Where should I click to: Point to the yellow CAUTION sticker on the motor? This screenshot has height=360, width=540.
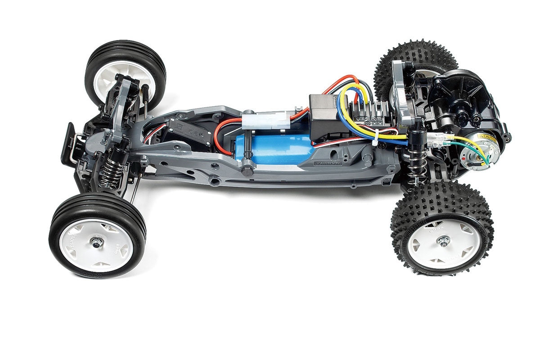point(489,138)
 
